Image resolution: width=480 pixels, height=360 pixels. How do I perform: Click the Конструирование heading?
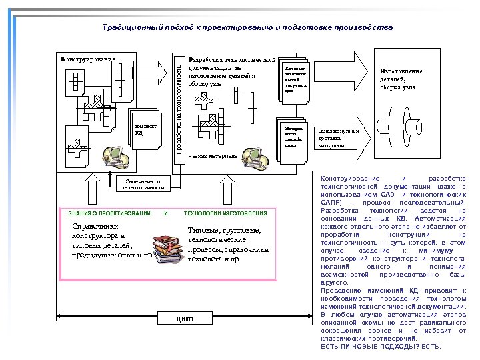87,59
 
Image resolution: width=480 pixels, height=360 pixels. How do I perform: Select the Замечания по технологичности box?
140,184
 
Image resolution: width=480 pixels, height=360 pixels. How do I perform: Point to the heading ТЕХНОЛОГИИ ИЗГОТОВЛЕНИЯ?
225,213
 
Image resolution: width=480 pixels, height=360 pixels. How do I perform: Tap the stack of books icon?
167,248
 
